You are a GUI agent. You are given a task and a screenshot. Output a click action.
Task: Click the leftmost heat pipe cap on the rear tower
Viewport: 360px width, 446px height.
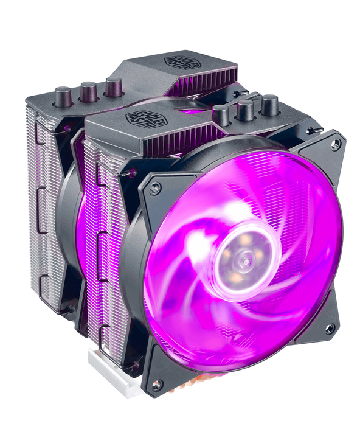pyautogui.click(x=63, y=95)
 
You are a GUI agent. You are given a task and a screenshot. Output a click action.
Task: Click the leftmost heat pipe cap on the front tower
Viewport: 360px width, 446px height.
pyautogui.click(x=223, y=114)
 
